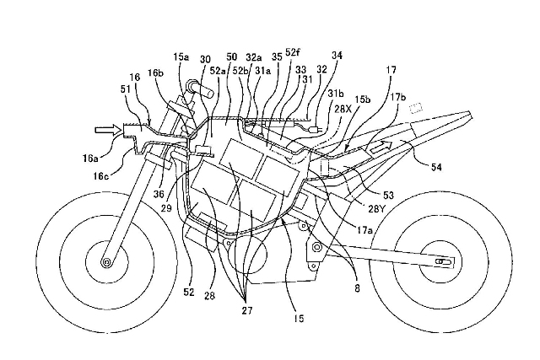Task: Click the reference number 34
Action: tap(337, 55)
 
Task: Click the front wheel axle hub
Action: tap(107, 262)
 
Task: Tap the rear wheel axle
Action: tap(439, 263)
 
